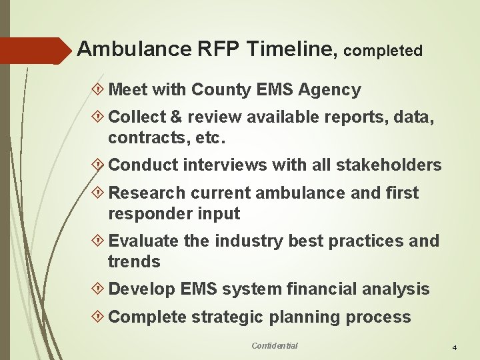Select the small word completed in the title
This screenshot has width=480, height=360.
point(384,51)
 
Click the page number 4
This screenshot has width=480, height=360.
point(454,348)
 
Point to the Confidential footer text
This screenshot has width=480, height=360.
point(275,345)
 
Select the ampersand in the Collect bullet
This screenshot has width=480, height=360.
point(177,117)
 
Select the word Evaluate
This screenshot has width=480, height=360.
point(143,241)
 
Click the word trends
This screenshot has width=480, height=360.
point(134,262)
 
